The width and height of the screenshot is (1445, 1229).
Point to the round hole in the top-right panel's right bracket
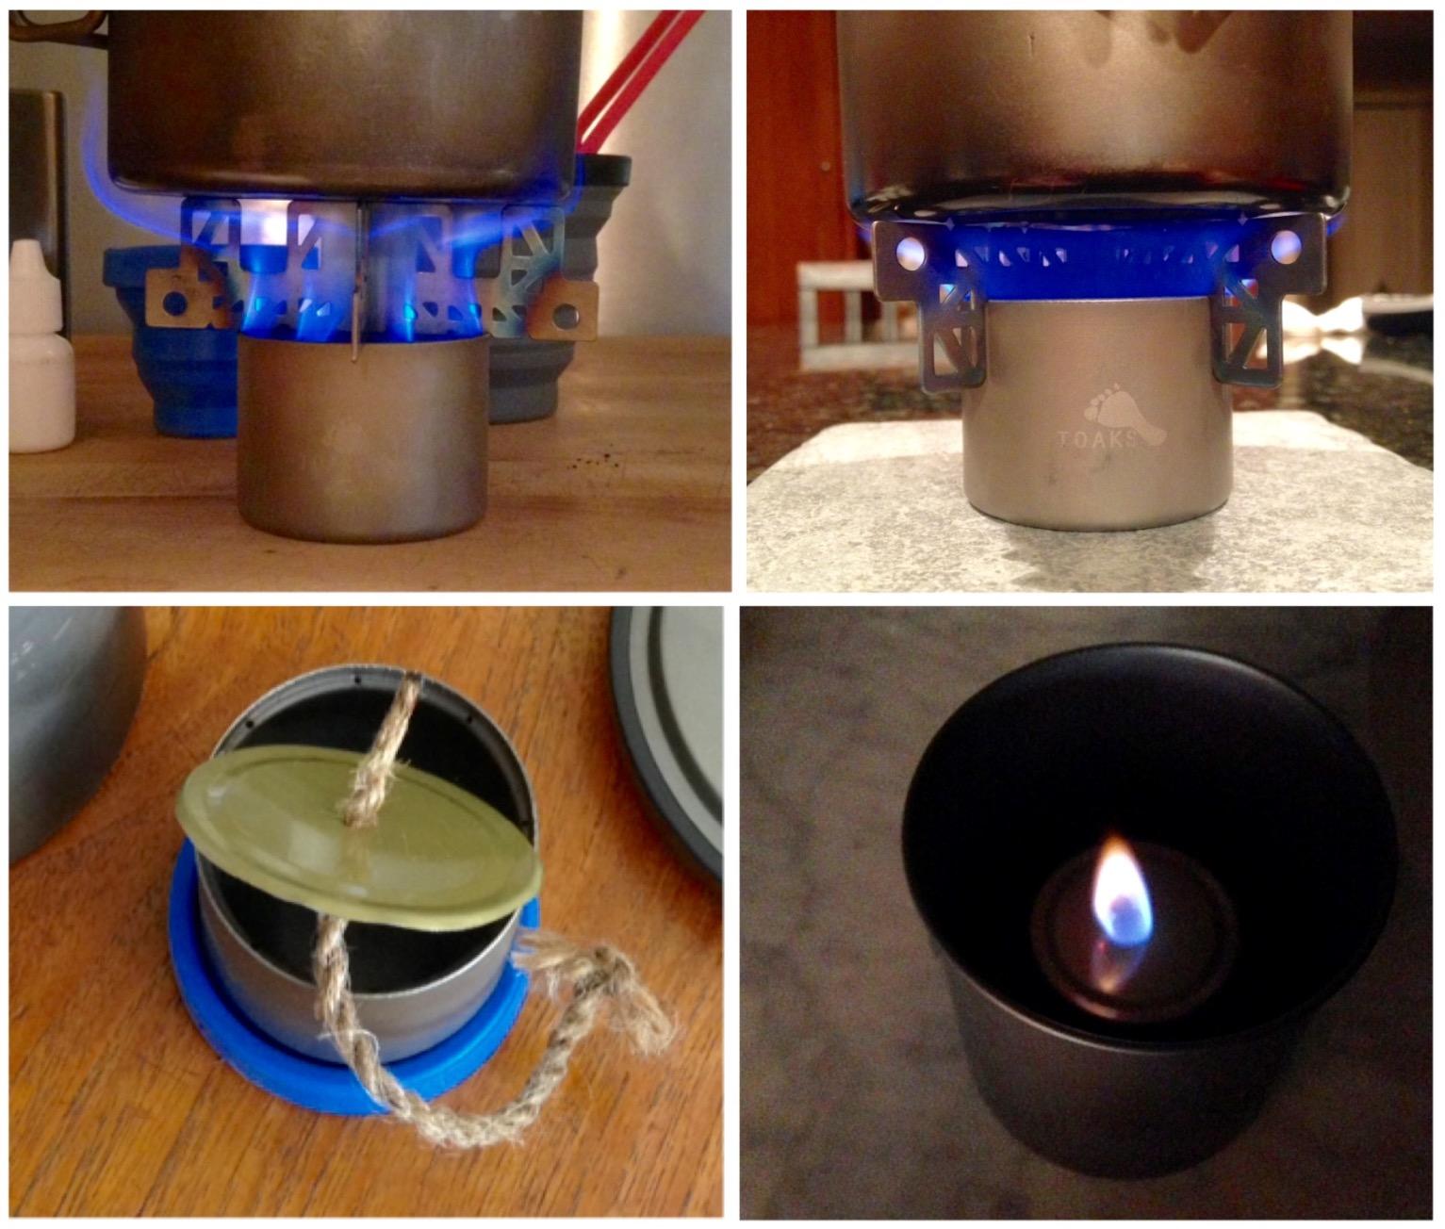1286,247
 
